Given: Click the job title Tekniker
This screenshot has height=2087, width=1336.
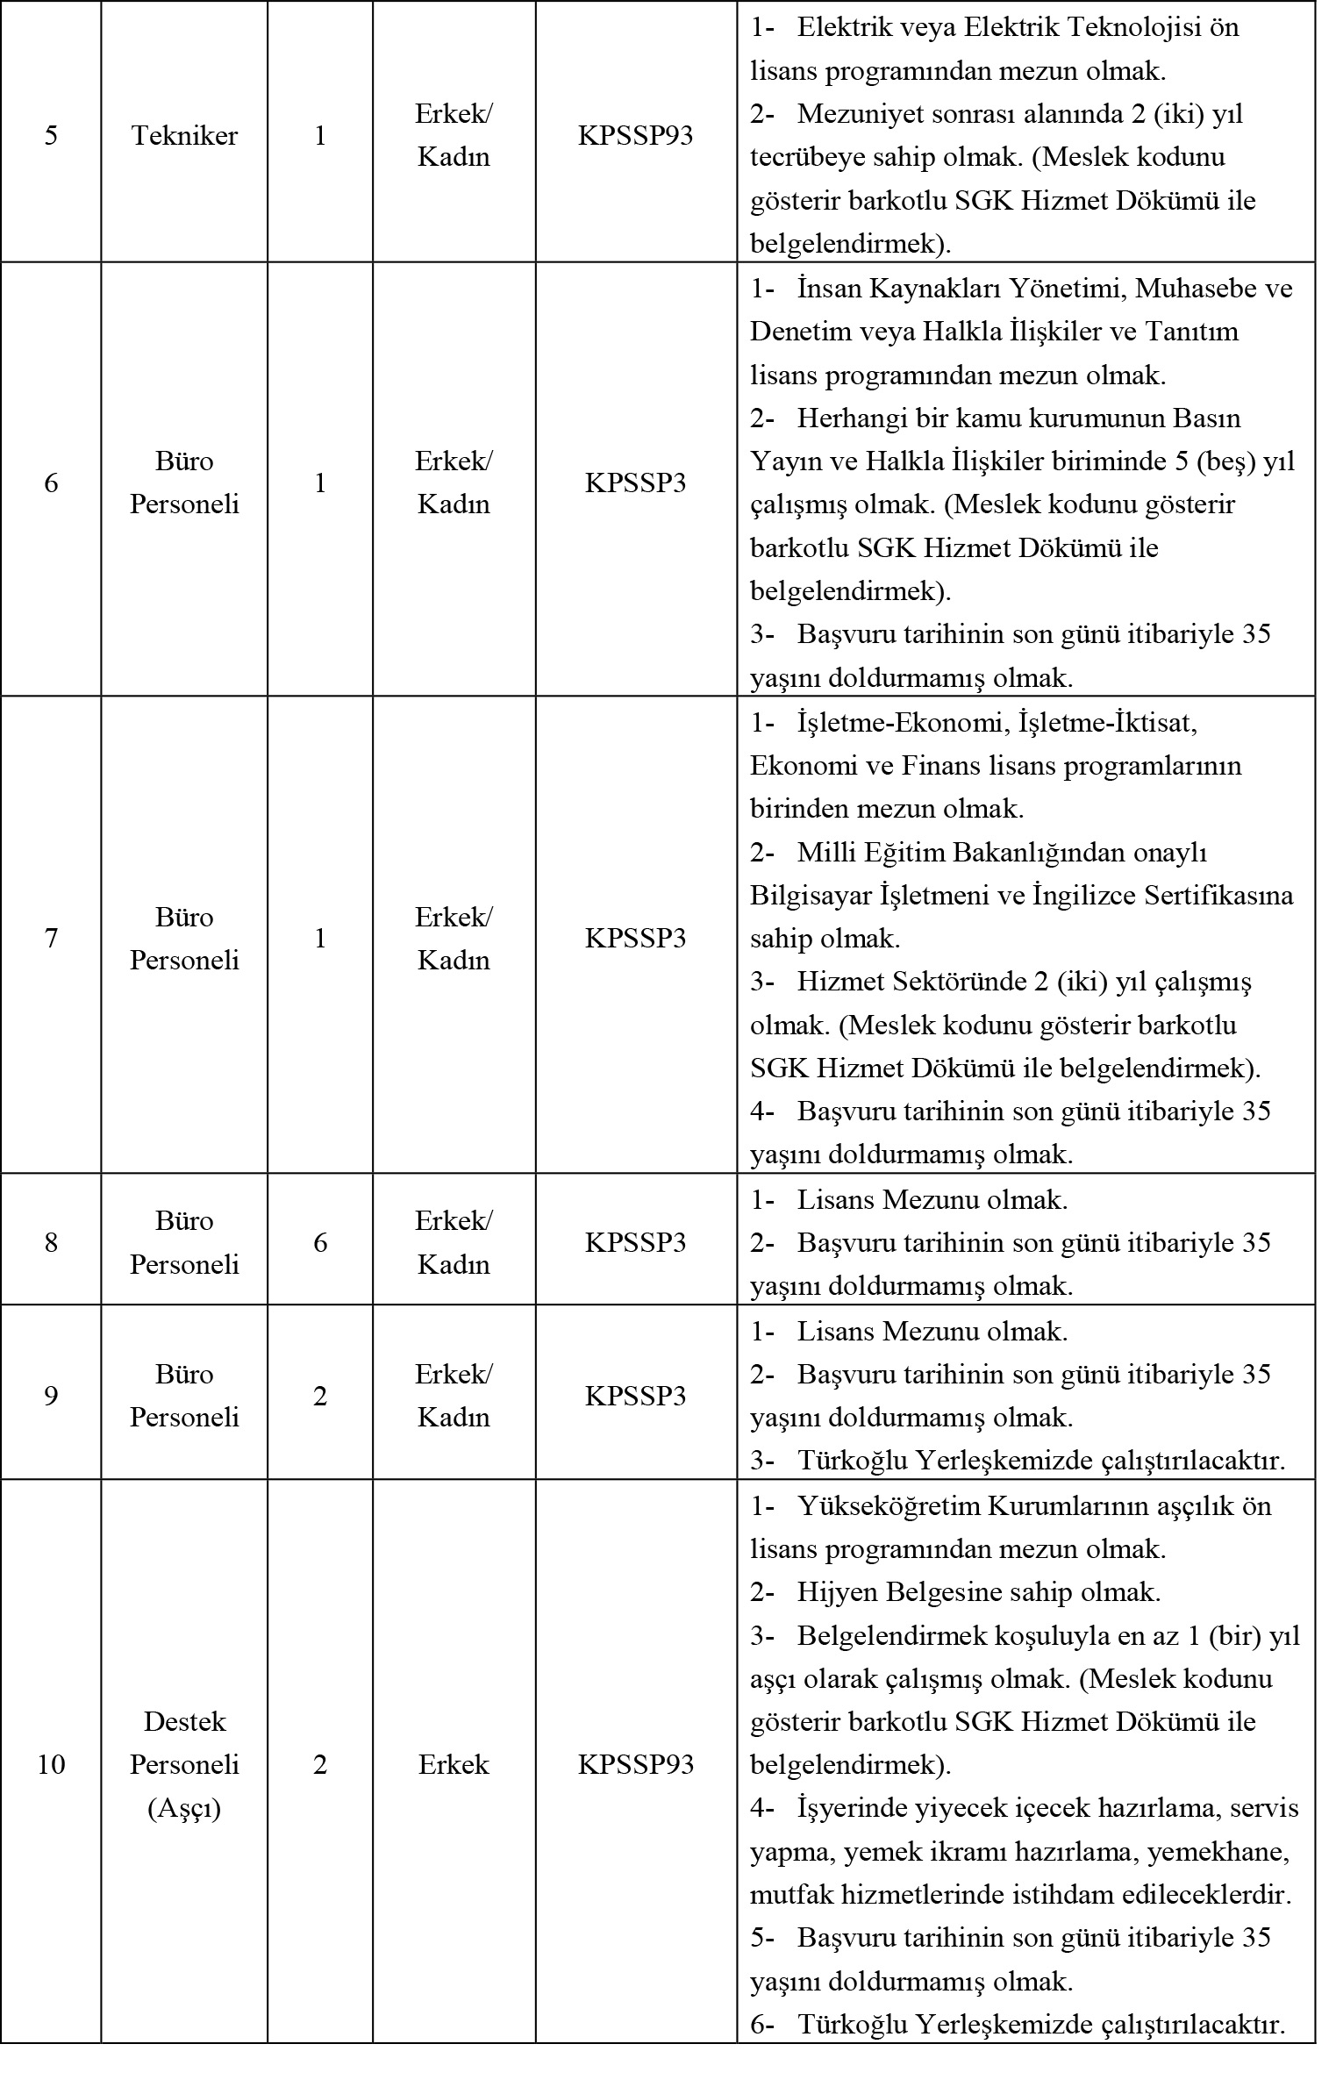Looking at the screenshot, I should click(x=184, y=136).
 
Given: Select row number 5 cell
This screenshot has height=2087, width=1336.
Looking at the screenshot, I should click(x=51, y=136).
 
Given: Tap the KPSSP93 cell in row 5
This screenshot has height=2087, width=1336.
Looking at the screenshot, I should click(x=635, y=136).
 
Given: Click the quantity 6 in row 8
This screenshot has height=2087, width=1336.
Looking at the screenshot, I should click(x=320, y=1242).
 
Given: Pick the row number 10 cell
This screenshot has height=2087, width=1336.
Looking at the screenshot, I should click(x=51, y=1764).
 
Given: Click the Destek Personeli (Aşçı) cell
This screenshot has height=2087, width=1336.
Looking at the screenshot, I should click(x=184, y=1764).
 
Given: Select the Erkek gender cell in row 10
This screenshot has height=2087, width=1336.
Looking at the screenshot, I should click(x=454, y=1764).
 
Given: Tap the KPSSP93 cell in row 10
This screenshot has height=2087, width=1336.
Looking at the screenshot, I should click(x=635, y=1764).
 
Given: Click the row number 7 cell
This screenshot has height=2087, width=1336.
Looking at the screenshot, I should click(x=51, y=939).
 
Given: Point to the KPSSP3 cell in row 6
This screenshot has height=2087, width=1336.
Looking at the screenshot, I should click(x=635, y=482).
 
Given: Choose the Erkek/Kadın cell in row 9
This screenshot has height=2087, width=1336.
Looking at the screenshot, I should click(x=454, y=1396).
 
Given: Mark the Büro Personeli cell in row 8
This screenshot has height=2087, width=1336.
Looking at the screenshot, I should click(x=184, y=1242).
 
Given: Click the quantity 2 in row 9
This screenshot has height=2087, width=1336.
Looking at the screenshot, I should click(x=320, y=1396).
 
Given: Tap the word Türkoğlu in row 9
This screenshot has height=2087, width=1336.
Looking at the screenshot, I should click(x=853, y=1461).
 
